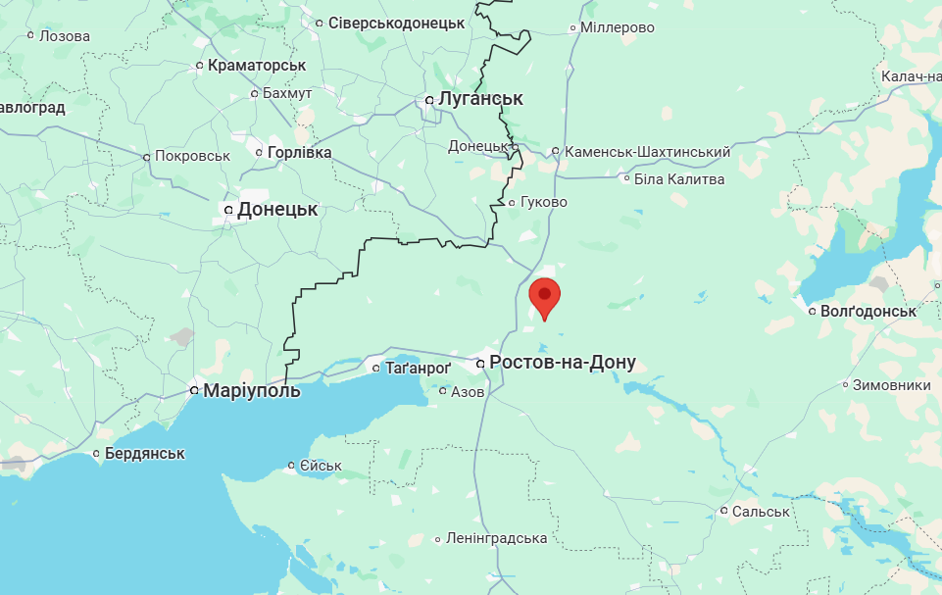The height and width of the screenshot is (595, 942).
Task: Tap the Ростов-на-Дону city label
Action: [562, 363]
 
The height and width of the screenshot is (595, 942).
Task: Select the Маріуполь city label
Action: [251, 390]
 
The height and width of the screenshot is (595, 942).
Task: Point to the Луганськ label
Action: [480, 99]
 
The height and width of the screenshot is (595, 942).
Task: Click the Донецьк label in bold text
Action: [277, 210]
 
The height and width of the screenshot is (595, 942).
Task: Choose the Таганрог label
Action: [418, 368]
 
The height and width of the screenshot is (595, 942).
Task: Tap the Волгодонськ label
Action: [868, 311]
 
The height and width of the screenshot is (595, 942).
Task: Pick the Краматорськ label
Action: [257, 65]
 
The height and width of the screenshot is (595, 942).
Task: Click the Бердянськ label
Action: [145, 453]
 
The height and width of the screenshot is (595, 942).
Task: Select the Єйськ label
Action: [321, 466]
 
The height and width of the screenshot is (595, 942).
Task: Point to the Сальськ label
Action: [761, 511]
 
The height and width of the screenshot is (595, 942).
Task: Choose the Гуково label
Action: [544, 202]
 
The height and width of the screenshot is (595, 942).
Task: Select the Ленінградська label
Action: [496, 538]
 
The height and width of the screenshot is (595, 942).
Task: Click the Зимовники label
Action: [891, 385]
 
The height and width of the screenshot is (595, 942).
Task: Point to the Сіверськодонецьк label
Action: [396, 22]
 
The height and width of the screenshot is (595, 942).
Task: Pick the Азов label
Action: [468, 391]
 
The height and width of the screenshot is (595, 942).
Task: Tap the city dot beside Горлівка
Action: [259, 152]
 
